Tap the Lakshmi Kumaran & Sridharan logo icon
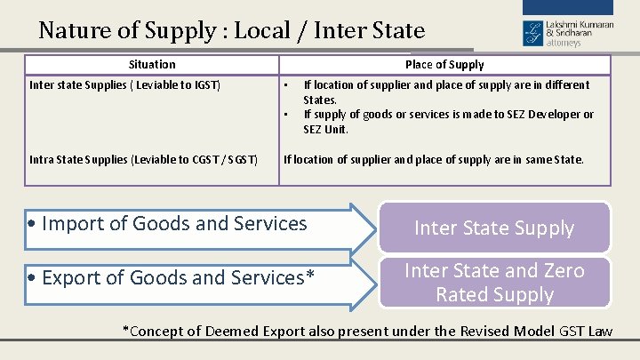click(532, 33)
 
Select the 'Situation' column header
click(152, 65)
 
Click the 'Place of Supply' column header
click(444, 65)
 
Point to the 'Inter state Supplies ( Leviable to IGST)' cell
click(125, 85)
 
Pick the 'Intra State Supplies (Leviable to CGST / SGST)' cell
click(144, 160)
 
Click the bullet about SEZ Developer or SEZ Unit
click(449, 122)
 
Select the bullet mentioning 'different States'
click(446, 92)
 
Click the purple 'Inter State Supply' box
click(494, 228)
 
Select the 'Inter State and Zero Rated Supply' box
click(494, 282)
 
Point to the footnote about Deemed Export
click(367, 332)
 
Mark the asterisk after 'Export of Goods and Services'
click(310, 276)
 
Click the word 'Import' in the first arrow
click(73, 224)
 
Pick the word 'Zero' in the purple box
click(564, 270)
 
